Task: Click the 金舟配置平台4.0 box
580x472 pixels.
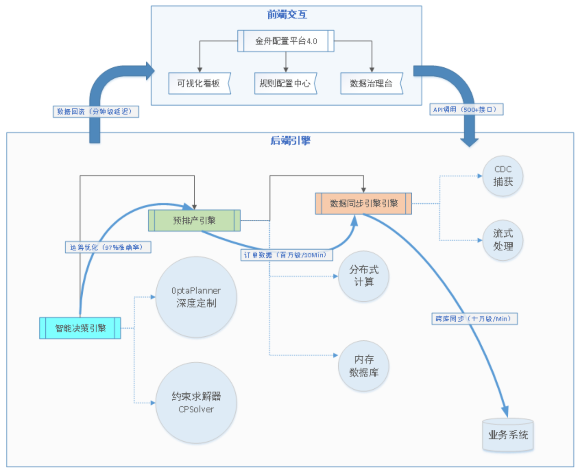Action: tap(286, 41)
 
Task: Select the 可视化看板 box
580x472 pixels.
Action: tap(199, 83)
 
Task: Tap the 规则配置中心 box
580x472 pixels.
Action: tap(285, 83)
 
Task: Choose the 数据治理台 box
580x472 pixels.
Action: tap(371, 83)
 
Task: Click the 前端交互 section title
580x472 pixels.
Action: tap(287, 15)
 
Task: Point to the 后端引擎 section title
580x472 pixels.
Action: tap(290, 140)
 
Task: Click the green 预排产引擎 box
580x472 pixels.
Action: tap(194, 220)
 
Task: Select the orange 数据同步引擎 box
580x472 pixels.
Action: tap(363, 204)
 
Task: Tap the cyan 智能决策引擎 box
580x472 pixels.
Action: tap(80, 328)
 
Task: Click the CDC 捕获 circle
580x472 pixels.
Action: tap(503, 176)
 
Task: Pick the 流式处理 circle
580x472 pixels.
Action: tap(503, 240)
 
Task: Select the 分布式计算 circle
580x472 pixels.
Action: tap(363, 276)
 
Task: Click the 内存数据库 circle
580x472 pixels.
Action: tap(363, 366)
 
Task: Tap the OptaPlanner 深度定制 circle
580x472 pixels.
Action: tap(196, 297)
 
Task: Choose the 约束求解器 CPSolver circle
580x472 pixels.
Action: tap(196, 402)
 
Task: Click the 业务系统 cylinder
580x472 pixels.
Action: tap(508, 435)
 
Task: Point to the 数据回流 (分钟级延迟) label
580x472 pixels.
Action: tap(96, 112)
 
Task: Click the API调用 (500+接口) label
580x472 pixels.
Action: tap(466, 110)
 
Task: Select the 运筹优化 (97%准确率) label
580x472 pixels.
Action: tap(108, 247)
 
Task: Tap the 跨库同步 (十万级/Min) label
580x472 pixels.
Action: tap(474, 319)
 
